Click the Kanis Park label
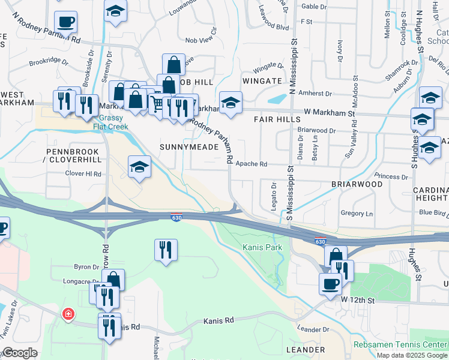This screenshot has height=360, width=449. [x=262, y=247]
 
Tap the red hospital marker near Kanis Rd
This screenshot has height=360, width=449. [x=69, y=313]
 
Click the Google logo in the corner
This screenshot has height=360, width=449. [x=20, y=353]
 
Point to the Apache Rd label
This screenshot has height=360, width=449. [x=251, y=163]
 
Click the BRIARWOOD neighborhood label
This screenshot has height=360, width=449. [x=357, y=184]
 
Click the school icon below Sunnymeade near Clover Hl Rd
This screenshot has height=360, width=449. [x=139, y=167]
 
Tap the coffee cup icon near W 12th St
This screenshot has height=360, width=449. [x=330, y=284]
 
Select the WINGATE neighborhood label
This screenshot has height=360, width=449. [x=262, y=80]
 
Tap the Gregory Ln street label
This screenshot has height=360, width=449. [x=357, y=214]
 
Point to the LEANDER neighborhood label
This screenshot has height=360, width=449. [x=306, y=349]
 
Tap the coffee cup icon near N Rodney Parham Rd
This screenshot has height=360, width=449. [x=66, y=22]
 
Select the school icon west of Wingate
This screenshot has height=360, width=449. [x=230, y=103]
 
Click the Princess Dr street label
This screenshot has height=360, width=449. [x=391, y=176]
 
